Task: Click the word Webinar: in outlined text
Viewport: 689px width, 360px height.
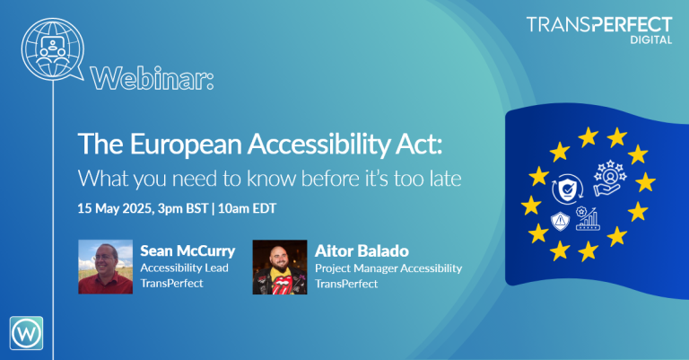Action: (153, 78)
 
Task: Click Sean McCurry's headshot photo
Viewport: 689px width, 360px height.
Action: (104, 266)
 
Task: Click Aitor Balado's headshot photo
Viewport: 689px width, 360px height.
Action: (279, 266)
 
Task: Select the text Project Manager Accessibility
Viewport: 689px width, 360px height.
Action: (388, 267)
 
